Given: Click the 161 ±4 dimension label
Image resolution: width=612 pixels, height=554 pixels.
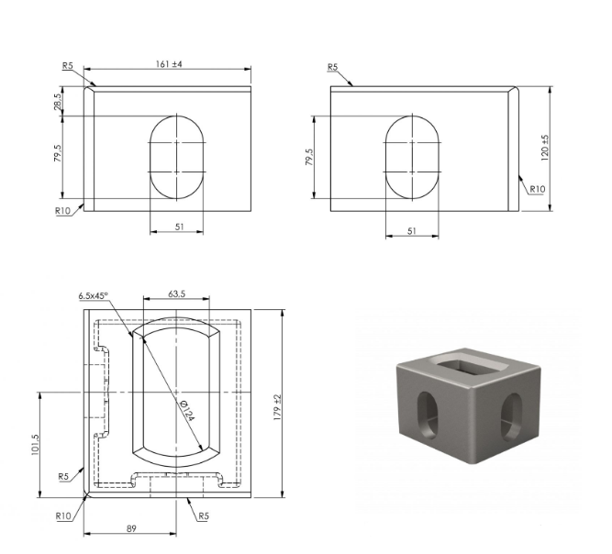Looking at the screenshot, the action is click(169, 64).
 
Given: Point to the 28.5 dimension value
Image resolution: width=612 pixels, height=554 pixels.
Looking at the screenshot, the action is click(58, 102).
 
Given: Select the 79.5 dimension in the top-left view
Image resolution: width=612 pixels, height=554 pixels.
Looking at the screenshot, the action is click(58, 153).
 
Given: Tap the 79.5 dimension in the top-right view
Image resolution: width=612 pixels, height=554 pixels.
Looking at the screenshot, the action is click(309, 157).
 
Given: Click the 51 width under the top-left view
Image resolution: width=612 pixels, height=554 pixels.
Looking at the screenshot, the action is click(179, 227).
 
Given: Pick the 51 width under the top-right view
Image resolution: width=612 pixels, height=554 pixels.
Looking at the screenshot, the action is click(412, 231).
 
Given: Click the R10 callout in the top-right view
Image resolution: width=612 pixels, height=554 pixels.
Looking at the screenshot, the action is click(537, 189).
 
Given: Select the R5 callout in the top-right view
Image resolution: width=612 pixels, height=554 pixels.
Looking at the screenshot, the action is click(332, 67).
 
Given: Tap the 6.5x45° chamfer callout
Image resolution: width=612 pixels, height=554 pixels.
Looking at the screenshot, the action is click(93, 295).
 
